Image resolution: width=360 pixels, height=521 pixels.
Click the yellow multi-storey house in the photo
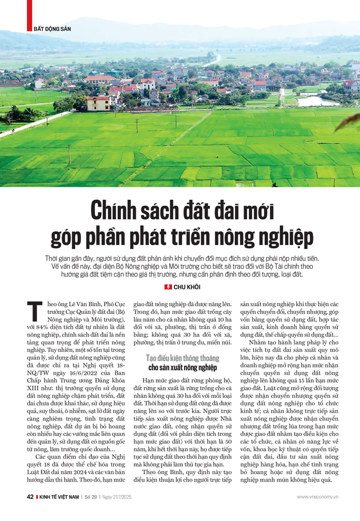tap(98, 103)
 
